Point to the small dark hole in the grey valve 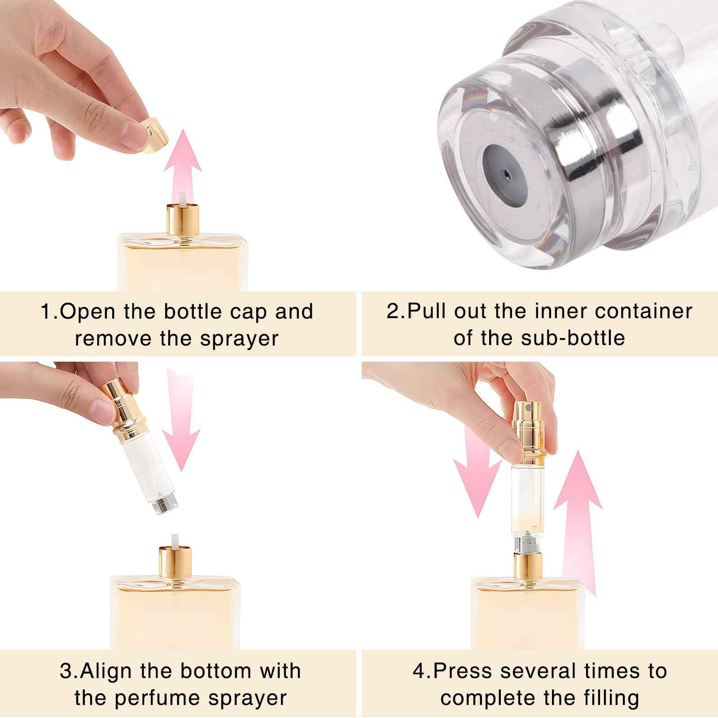506,172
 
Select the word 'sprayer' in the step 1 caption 239,338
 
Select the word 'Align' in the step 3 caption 107,671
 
